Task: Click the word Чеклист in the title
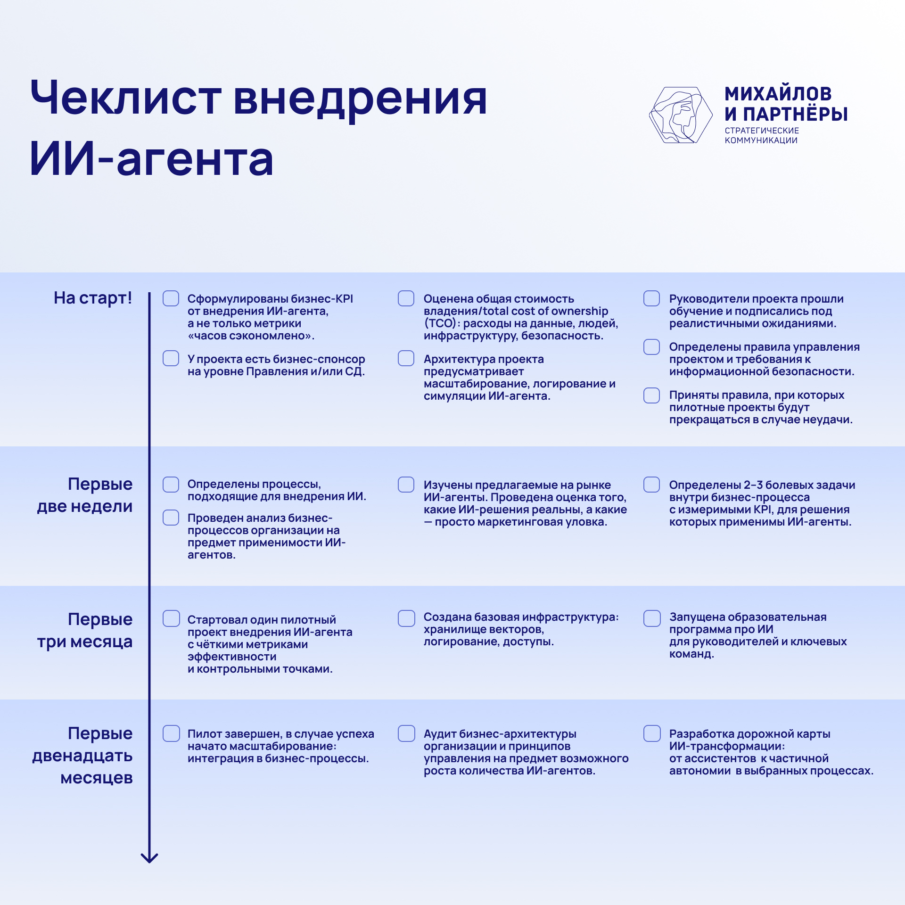click(x=126, y=98)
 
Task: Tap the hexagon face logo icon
click(x=681, y=115)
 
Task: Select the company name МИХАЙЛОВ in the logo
click(x=778, y=94)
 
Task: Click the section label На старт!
click(x=93, y=298)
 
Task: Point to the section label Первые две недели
click(x=85, y=495)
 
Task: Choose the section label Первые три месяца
click(x=85, y=630)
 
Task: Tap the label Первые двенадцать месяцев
click(x=82, y=755)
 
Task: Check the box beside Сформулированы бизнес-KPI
click(x=171, y=298)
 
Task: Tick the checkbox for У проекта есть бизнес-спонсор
click(x=171, y=358)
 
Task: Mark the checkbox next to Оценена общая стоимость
click(x=406, y=298)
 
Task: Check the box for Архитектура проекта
click(x=406, y=358)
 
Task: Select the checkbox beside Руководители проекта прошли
click(x=652, y=298)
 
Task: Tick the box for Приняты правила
click(x=652, y=395)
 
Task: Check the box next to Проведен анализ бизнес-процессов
click(x=171, y=518)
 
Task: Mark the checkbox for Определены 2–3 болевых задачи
click(x=652, y=485)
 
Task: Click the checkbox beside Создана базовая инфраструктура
click(x=406, y=618)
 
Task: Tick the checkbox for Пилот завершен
click(x=171, y=733)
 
